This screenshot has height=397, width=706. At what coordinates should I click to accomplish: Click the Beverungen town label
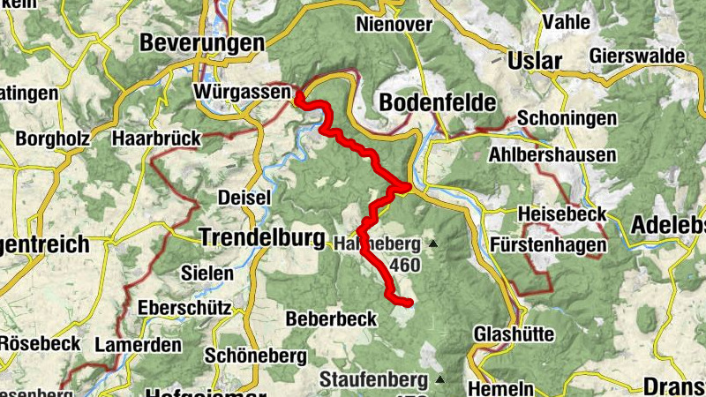(201, 43)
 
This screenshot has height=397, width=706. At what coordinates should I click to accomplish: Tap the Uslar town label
(535, 61)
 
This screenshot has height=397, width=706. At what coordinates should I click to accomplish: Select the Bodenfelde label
(437, 103)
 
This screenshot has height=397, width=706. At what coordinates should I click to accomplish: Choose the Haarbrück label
(157, 139)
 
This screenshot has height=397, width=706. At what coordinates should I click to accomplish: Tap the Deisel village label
(244, 198)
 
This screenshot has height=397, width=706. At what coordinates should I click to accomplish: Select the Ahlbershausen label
(552, 155)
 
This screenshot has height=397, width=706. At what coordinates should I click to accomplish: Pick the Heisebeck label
(562, 214)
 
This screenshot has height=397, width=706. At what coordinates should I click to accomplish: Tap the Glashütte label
(514, 334)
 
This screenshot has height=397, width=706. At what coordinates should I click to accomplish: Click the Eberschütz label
(184, 309)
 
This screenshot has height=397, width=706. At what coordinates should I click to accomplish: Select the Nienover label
(394, 25)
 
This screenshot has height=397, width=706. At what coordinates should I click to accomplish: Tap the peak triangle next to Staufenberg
(439, 380)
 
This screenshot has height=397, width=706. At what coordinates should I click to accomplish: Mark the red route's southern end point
(409, 303)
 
